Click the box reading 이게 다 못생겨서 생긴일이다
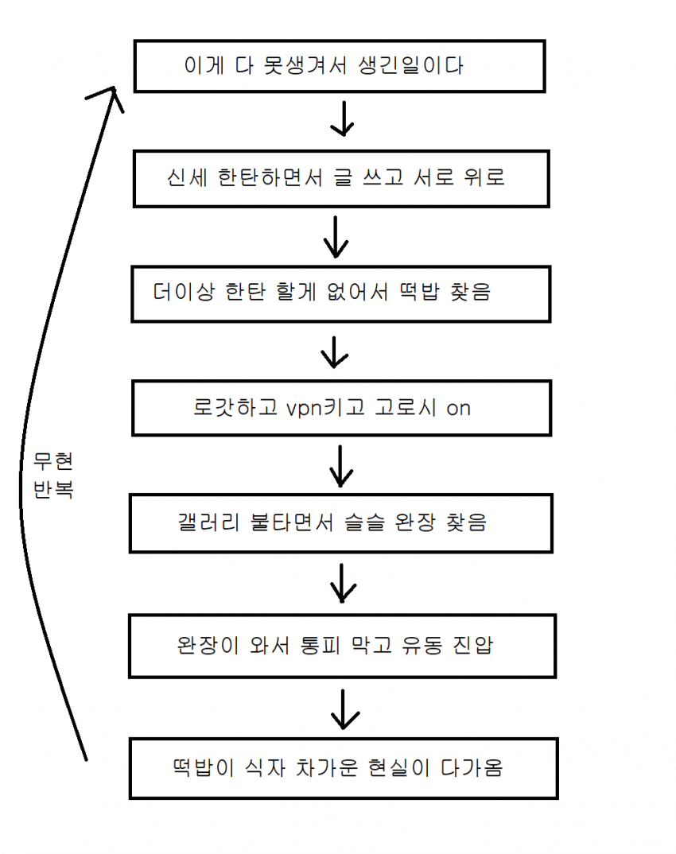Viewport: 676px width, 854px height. (339, 65)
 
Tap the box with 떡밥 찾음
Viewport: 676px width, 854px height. (340, 293)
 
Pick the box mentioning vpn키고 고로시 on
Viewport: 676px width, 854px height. (341, 409)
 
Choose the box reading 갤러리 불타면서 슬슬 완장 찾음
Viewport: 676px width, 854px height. (340, 523)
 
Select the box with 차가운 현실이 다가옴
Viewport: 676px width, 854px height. (343, 768)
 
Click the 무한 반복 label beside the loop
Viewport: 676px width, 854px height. (53, 476)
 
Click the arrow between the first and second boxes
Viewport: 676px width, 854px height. (342, 119)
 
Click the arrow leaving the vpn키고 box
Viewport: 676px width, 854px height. (341, 466)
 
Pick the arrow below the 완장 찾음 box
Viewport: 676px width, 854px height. (343, 582)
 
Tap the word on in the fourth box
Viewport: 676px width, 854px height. (458, 409)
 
